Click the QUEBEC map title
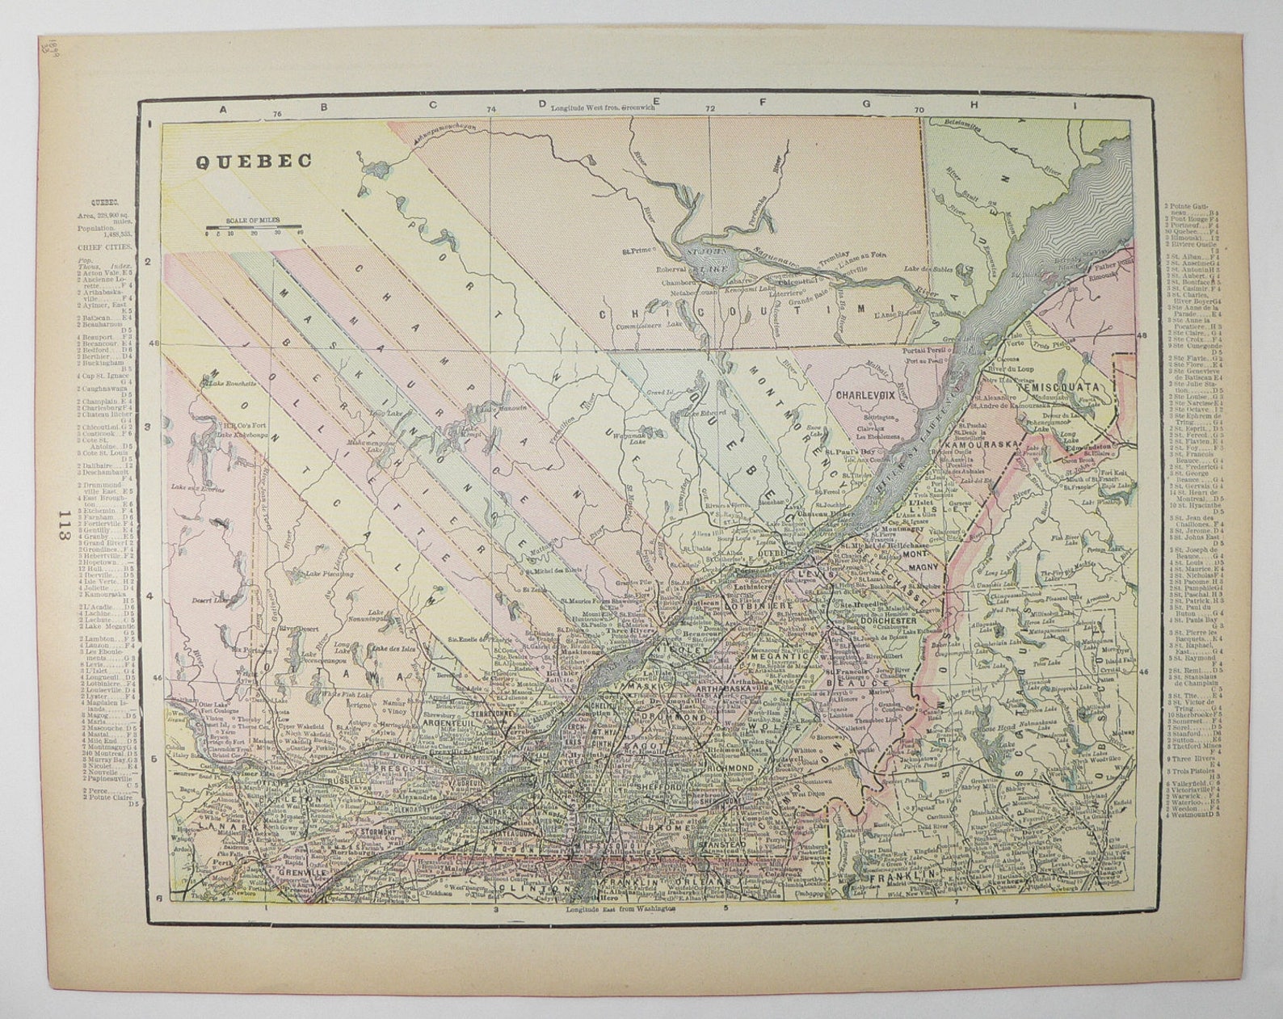point(254,161)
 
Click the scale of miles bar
point(253,226)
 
